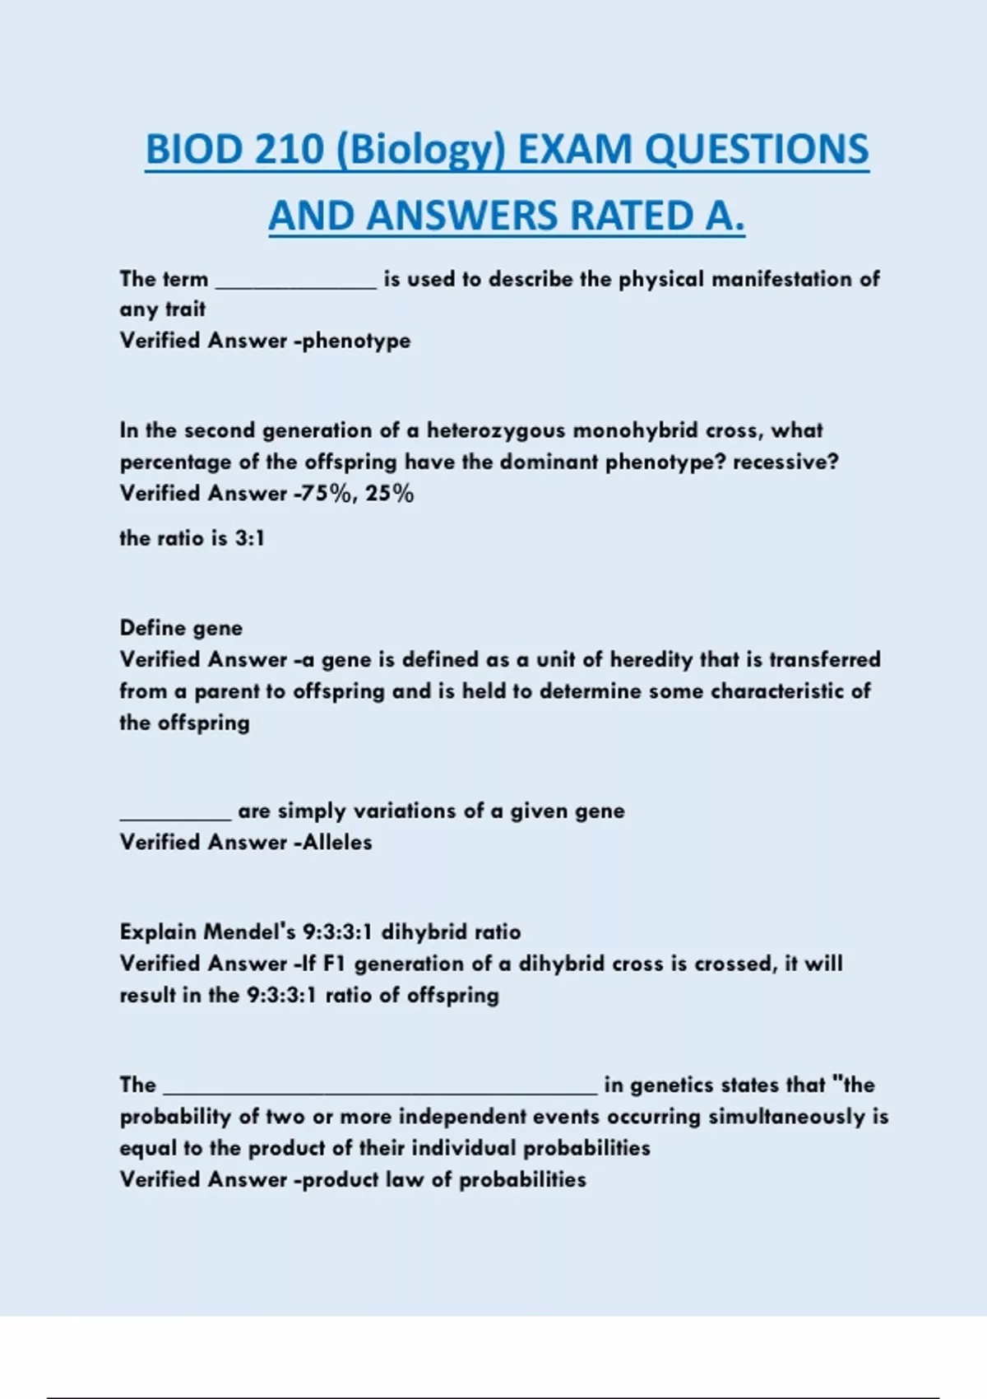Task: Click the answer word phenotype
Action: tap(356, 341)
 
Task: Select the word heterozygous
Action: tap(496, 430)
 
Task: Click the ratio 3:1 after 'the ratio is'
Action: tap(249, 538)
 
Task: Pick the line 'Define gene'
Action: tap(181, 628)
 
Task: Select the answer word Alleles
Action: tap(337, 843)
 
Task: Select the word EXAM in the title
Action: tap(575, 150)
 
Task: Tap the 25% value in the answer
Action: tap(390, 494)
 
